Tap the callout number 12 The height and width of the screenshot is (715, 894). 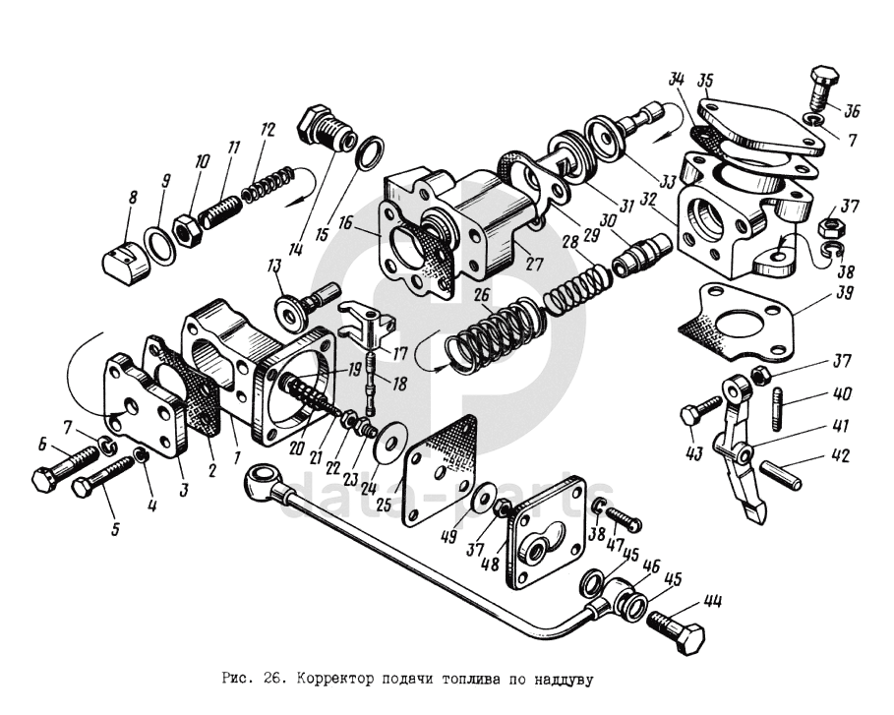268,130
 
